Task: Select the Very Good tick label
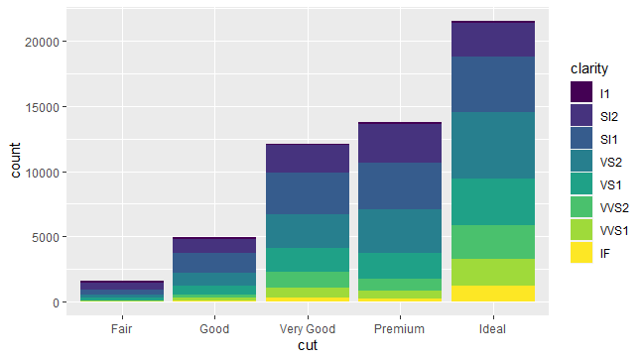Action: (x=308, y=328)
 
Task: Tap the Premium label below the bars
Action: (x=400, y=328)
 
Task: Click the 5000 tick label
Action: (x=50, y=237)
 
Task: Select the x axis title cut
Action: (x=308, y=346)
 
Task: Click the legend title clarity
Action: (x=589, y=68)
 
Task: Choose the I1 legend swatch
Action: (x=582, y=92)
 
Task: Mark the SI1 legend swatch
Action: (x=582, y=138)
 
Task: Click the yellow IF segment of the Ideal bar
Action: (x=492, y=294)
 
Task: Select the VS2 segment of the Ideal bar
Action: (x=492, y=145)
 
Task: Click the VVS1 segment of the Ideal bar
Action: (x=492, y=272)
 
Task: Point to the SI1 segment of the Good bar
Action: (x=214, y=263)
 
